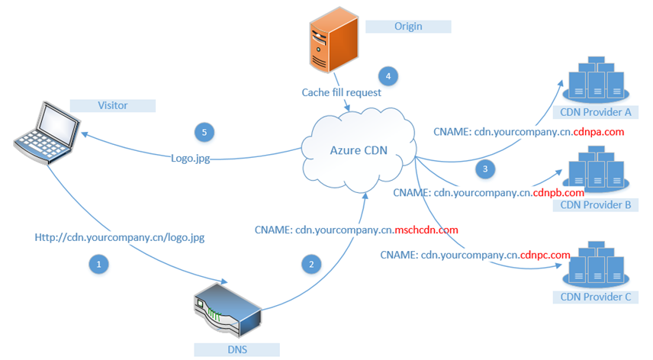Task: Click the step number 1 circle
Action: click(98, 264)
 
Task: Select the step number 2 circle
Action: click(310, 264)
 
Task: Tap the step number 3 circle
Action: click(483, 168)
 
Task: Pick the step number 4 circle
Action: click(388, 76)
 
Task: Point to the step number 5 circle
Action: click(204, 132)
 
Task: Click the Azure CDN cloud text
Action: click(359, 149)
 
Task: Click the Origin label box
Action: click(408, 27)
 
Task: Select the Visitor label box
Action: click(112, 105)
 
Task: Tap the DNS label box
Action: click(236, 349)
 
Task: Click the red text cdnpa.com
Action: click(599, 132)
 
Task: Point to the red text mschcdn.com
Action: click(426, 230)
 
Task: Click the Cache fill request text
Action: click(341, 92)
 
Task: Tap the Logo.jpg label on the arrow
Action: click(190, 159)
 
